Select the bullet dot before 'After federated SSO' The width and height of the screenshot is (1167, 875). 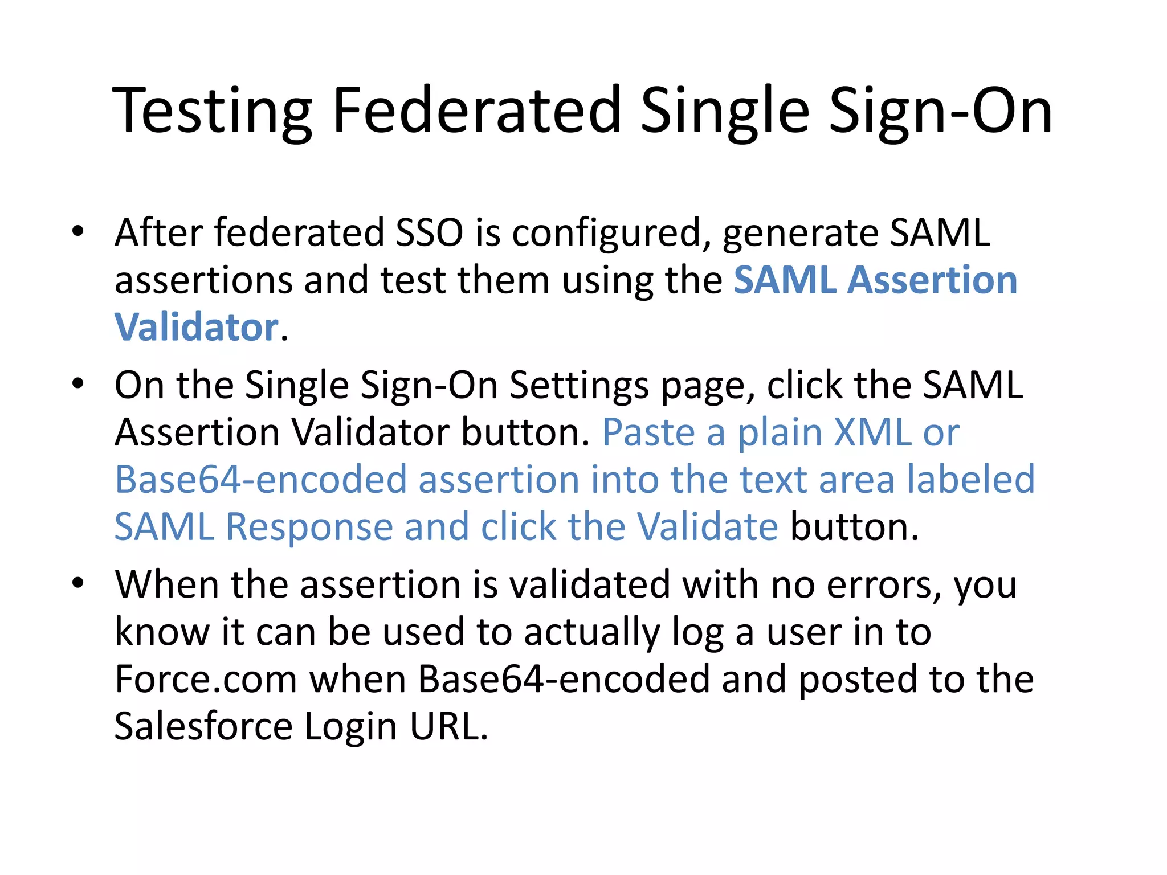[x=78, y=231]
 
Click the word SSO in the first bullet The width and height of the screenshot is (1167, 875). [x=429, y=233]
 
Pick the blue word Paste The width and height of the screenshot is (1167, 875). [x=648, y=432]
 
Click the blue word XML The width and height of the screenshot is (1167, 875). [x=872, y=432]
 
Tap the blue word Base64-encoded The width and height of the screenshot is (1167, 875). [x=260, y=480]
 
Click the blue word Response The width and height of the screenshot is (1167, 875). [x=309, y=527]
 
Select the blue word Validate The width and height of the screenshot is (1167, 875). [x=707, y=527]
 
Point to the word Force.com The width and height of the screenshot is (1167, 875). [x=205, y=679]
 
